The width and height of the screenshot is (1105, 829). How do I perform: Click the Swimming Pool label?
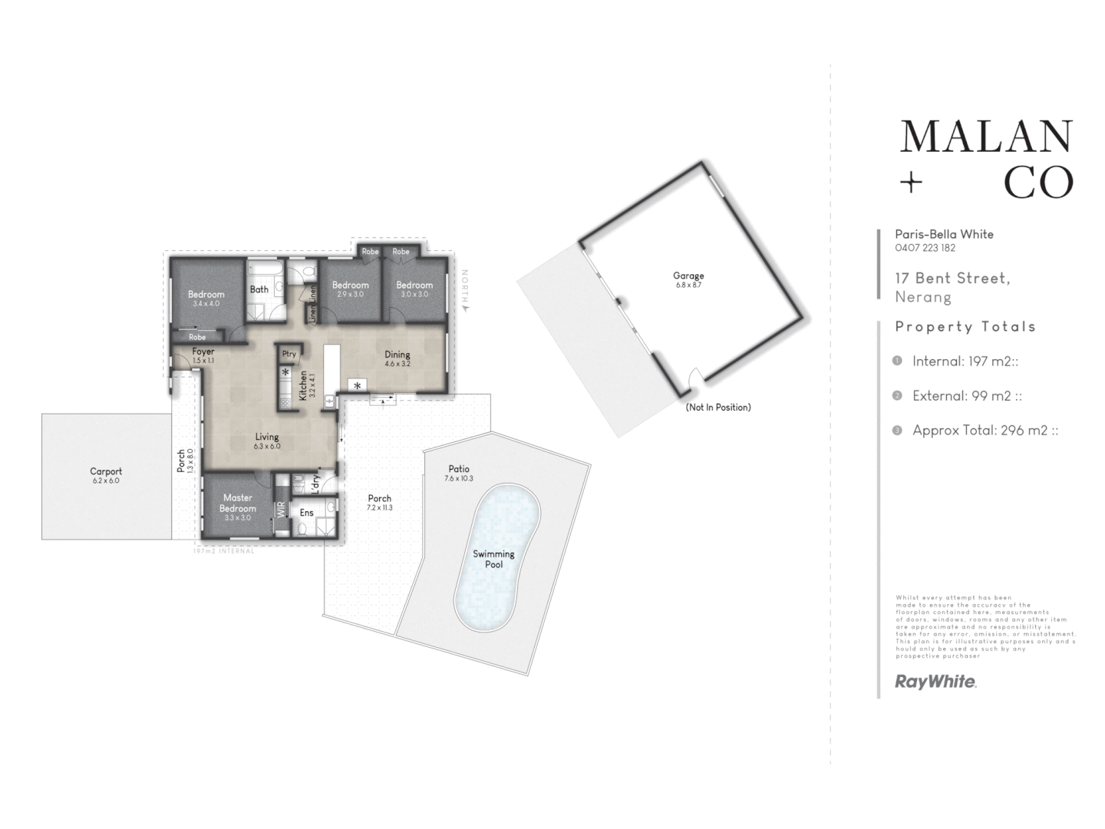pos(493,559)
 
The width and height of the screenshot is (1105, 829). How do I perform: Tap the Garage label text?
pos(688,276)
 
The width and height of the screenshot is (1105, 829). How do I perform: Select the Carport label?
pos(106,471)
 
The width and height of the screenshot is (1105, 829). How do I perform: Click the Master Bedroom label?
pos(238,503)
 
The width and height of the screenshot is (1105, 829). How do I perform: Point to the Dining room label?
pos(397,354)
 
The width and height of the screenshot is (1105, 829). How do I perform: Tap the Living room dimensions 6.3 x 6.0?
pos(267,446)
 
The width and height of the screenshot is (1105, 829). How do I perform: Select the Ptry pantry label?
pos(289,354)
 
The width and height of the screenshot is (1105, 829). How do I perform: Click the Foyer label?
pos(203,352)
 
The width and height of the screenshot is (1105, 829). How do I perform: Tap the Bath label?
pos(259,289)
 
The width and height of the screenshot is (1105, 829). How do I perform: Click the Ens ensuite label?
pos(306,513)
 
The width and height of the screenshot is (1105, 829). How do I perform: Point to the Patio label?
pos(459,468)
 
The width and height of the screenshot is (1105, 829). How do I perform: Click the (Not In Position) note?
pos(718,407)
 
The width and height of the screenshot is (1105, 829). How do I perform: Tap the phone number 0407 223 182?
pos(925,248)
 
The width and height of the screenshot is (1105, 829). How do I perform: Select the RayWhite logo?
pos(935,681)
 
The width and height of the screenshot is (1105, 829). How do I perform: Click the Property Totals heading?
pos(965,326)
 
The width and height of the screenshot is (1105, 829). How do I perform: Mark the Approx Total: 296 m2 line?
pos(985,430)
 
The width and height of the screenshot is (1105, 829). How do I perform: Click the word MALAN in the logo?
pos(986,137)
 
